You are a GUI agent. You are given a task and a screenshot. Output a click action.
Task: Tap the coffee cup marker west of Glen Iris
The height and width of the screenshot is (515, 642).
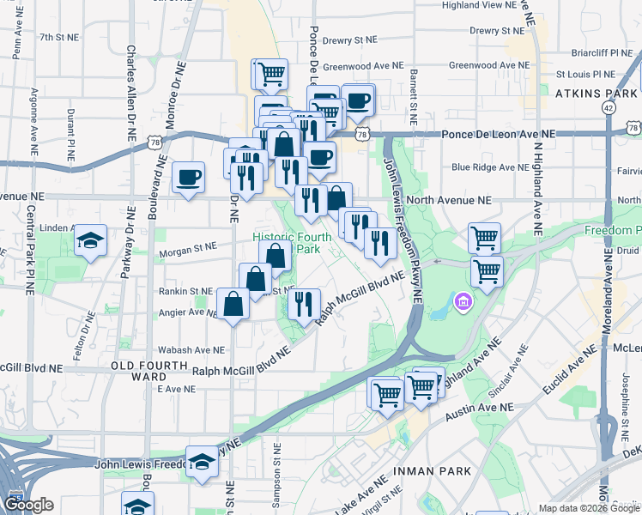pos(188,178)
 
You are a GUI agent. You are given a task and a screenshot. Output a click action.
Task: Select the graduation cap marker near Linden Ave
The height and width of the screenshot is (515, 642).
pos(90,241)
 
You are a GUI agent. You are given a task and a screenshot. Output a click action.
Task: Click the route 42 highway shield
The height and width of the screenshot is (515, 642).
pos(609,107)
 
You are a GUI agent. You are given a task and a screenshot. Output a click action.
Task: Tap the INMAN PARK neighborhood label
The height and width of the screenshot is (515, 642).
pos(432,471)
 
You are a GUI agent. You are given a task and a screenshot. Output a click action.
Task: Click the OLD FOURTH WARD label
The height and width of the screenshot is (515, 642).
pos(138,371)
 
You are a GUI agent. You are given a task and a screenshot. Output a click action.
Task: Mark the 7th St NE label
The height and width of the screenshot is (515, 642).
pos(58,38)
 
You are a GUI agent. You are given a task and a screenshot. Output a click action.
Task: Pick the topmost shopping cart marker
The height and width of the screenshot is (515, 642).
pos(271,74)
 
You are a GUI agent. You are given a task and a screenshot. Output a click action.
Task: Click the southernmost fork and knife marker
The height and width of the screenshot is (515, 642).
pos(303,303)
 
